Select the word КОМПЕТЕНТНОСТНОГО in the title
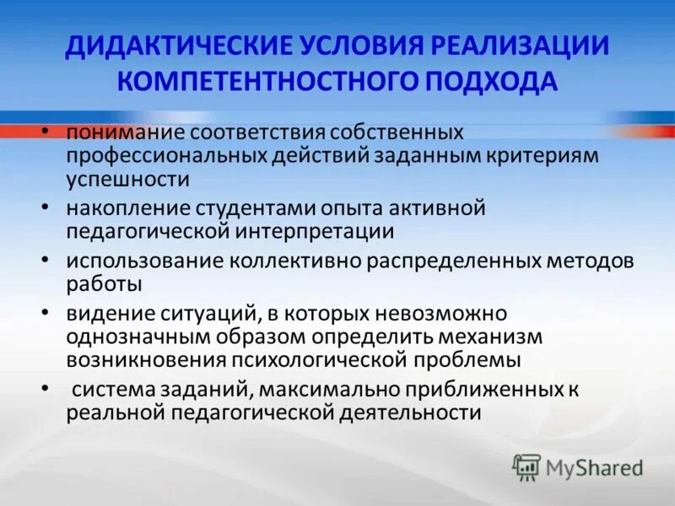251,83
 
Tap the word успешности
127,179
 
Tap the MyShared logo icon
527,466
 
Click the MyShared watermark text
594,467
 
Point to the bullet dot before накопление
45,205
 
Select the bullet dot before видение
45,312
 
